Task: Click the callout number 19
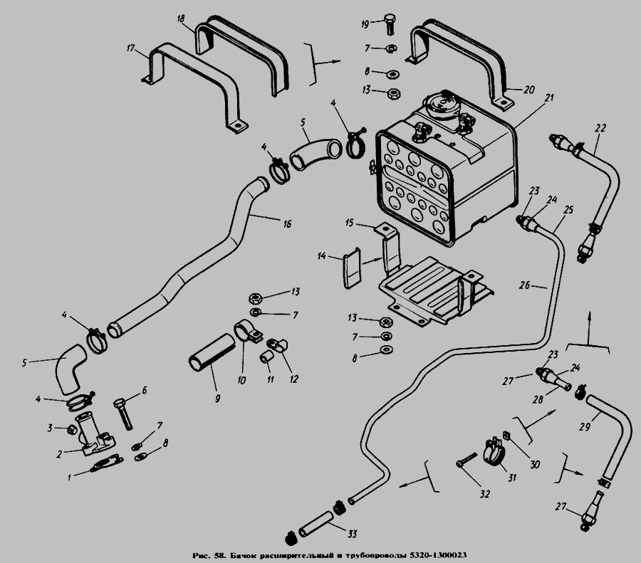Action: tap(365, 24)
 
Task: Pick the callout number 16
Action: tap(286, 223)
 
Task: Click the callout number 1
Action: tap(70, 478)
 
